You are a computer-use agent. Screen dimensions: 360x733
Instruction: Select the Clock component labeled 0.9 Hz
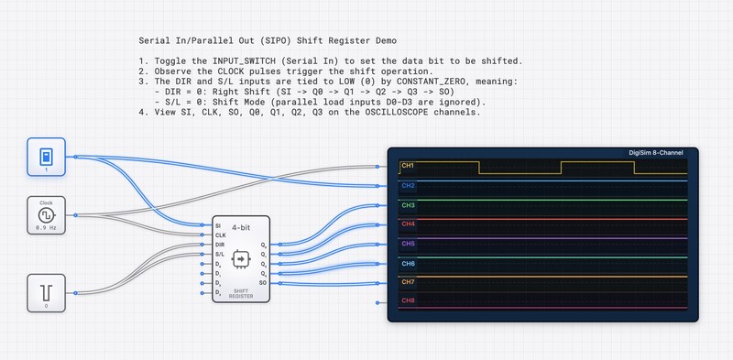[47, 217]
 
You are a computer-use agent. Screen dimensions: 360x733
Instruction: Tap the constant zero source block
[47, 294]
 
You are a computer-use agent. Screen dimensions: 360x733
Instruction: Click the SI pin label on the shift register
[217, 225]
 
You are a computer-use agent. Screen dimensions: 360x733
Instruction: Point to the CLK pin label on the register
[219, 235]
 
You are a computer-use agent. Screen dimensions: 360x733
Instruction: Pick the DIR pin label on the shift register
[219, 245]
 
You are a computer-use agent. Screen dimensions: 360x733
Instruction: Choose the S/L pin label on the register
[219, 255]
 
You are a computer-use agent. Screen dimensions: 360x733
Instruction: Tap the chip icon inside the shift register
[242, 259]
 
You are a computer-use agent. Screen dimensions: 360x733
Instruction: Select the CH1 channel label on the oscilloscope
[408, 167]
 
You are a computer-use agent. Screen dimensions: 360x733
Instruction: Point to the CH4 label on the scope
[408, 224]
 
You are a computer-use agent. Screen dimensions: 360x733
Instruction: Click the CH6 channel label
[408, 263]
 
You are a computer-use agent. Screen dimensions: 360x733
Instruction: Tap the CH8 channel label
[408, 300]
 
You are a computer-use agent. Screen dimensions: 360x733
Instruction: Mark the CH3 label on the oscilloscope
[408, 205]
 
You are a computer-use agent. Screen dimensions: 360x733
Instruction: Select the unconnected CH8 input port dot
[378, 301]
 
